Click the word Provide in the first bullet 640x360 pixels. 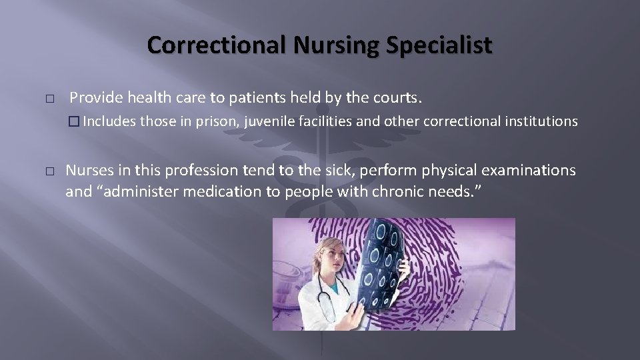(95, 98)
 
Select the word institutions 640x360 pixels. (538, 121)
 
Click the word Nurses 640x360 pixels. (89, 171)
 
